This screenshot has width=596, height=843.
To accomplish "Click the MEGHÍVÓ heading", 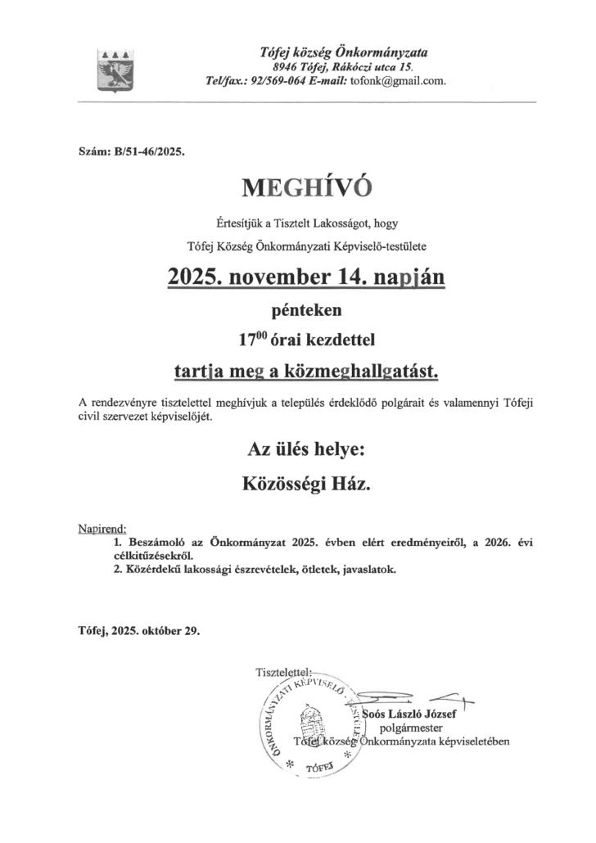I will click(x=307, y=187).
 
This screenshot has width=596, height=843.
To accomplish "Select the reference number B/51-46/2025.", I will click(x=151, y=151).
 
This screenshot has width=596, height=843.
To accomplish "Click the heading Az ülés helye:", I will click(x=306, y=449).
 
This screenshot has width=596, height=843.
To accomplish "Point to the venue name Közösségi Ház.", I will click(x=306, y=485).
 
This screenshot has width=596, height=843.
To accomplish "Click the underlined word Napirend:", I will click(x=102, y=530).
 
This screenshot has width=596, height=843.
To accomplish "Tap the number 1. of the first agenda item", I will click(x=120, y=542).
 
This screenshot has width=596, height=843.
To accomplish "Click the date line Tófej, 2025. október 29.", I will click(x=138, y=631).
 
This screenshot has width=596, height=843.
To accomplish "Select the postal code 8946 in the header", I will click(x=287, y=66).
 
